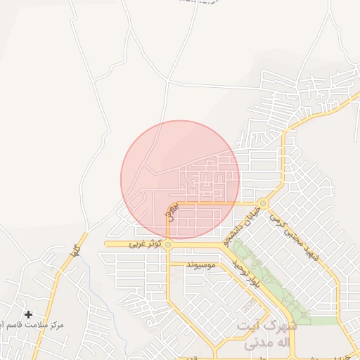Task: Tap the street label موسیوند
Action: tap(202, 265)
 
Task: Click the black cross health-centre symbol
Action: tap(28, 314)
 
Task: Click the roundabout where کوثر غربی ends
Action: tap(168, 244)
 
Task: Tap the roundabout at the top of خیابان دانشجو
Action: tap(262, 205)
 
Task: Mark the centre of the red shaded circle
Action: tap(180, 179)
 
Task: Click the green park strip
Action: tap(271, 281)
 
